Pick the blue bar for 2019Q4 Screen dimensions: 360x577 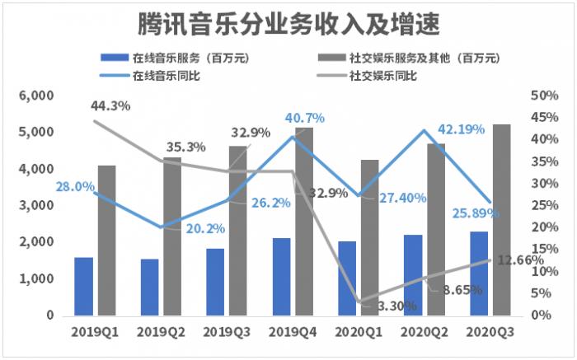click(281, 276)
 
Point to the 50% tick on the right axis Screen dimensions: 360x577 click(545, 96)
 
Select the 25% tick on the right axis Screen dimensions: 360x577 click(545, 206)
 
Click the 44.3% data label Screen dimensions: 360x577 click(112, 105)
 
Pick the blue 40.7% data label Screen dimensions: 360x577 click(305, 119)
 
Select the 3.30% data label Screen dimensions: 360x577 click(396, 306)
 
